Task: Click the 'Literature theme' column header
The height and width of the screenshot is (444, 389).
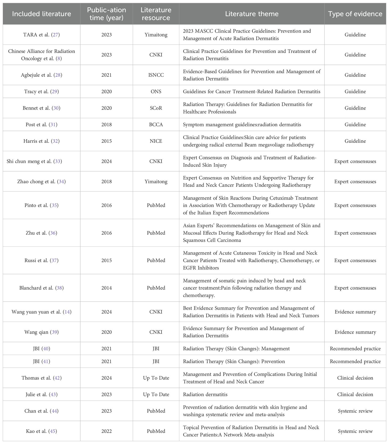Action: pyautogui.click(x=252, y=14)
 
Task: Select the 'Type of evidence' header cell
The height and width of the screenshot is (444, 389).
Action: pyautogui.click(x=355, y=14)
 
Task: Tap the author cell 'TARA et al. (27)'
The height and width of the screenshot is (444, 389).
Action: pyautogui.click(x=41, y=35)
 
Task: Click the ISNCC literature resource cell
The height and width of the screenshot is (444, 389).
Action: pyautogui.click(x=156, y=75)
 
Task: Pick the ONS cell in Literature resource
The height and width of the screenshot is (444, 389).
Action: pyautogui.click(x=156, y=91)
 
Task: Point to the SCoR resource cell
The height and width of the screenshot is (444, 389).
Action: pyautogui.click(x=156, y=108)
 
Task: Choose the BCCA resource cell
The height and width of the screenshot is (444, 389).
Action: pyautogui.click(x=156, y=125)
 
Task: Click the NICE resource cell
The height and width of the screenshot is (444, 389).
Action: pyautogui.click(x=156, y=141)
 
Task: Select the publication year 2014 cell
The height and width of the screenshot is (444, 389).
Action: pyautogui.click(x=106, y=288)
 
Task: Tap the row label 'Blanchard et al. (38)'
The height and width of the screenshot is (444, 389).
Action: pyautogui.click(x=41, y=288)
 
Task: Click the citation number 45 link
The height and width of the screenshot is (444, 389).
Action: pyautogui.click(x=53, y=431)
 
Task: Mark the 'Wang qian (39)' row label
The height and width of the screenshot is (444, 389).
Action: pyautogui.click(x=41, y=332)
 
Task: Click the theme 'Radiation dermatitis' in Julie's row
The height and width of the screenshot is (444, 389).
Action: pyautogui.click(x=205, y=394)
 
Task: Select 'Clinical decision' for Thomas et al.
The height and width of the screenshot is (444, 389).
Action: pyautogui.click(x=355, y=378)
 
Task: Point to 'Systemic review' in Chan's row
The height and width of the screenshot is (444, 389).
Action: pyautogui.click(x=355, y=411)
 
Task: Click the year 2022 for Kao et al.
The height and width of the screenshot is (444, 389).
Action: pyautogui.click(x=106, y=431)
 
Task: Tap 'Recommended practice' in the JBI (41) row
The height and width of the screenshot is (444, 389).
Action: pyautogui.click(x=355, y=361)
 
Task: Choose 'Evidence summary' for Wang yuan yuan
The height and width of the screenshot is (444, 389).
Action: pyautogui.click(x=355, y=312)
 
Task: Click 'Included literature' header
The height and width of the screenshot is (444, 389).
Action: pyautogui.click(x=41, y=14)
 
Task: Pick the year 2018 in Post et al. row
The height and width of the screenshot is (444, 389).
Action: pyautogui.click(x=106, y=125)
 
